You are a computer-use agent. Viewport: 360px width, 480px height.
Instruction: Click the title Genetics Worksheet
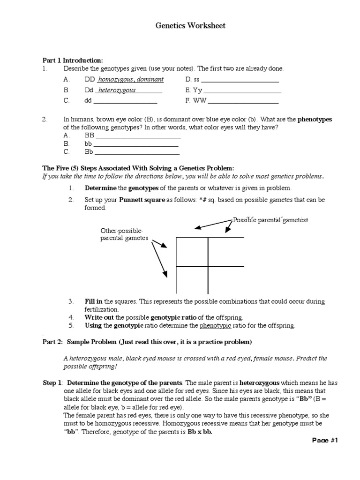(x=190, y=26)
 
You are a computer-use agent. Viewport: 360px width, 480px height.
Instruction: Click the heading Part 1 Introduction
(x=72, y=60)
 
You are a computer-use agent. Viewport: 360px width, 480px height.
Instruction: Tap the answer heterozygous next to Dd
(x=117, y=90)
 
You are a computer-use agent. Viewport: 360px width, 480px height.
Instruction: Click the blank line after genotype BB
(x=138, y=137)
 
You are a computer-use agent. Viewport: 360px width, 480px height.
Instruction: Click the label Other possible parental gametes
(x=124, y=235)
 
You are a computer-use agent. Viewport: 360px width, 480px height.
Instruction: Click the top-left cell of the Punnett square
(x=192, y=252)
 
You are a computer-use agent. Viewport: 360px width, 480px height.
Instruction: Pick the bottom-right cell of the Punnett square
(x=226, y=280)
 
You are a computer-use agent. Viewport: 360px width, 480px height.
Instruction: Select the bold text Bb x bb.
(x=200, y=432)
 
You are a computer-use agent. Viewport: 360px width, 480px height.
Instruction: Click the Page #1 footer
(x=325, y=440)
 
